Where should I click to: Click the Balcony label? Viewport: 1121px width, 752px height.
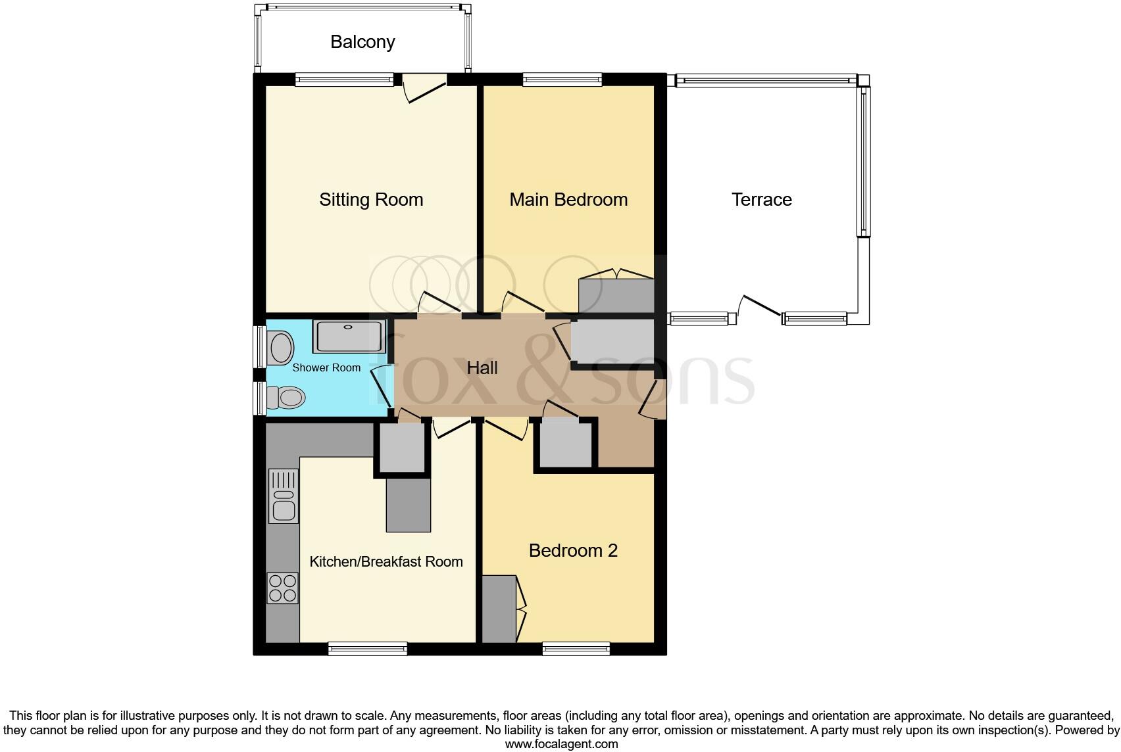pyautogui.click(x=362, y=42)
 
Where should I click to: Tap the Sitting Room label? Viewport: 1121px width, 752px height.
pyautogui.click(x=371, y=199)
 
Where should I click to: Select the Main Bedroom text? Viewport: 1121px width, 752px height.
pyautogui.click(x=568, y=199)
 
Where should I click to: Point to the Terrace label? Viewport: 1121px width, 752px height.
pyautogui.click(x=762, y=199)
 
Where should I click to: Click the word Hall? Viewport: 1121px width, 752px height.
pyautogui.click(x=482, y=368)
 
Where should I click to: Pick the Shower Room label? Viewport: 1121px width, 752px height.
pyautogui.click(x=326, y=367)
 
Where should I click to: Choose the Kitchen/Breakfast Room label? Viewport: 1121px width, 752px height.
pyautogui.click(x=386, y=561)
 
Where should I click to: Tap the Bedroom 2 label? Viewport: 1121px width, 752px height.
pyautogui.click(x=573, y=550)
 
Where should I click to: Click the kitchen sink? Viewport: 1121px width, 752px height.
pyautogui.click(x=284, y=496)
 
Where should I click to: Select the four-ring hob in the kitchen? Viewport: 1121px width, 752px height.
pyautogui.click(x=283, y=588)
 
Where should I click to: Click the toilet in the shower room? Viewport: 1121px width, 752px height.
pyautogui.click(x=286, y=398)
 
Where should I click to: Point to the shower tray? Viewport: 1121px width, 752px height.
pyautogui.click(x=349, y=337)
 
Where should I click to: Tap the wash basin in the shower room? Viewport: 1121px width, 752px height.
pyautogui.click(x=280, y=347)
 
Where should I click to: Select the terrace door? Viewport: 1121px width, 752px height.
pyautogui.click(x=760, y=306)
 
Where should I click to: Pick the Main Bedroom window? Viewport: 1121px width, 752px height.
pyautogui.click(x=562, y=80)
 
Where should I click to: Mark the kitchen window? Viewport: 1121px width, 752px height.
pyautogui.click(x=368, y=649)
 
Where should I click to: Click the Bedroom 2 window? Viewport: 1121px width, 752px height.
pyautogui.click(x=576, y=649)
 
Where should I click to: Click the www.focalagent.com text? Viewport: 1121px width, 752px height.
pyautogui.click(x=562, y=744)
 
